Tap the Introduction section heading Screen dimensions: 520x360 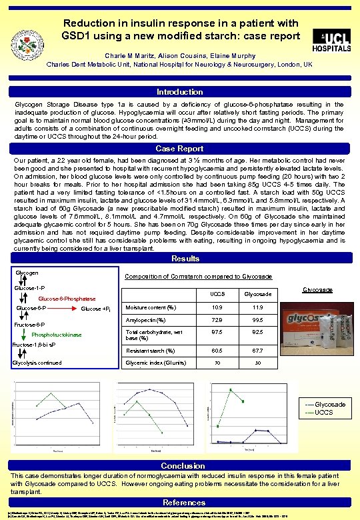[x=180, y=92]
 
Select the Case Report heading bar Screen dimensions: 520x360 [x=180, y=149]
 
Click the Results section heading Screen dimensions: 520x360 [x=180, y=259]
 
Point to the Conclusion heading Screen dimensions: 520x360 [x=180, y=465]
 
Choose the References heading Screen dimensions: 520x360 [x=180, y=502]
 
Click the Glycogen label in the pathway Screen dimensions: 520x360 [x=27, y=273]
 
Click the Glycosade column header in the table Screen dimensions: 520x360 [x=258, y=293]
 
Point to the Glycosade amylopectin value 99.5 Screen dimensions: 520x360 [x=258, y=320]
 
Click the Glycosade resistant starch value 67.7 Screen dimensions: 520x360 [x=258, y=350]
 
